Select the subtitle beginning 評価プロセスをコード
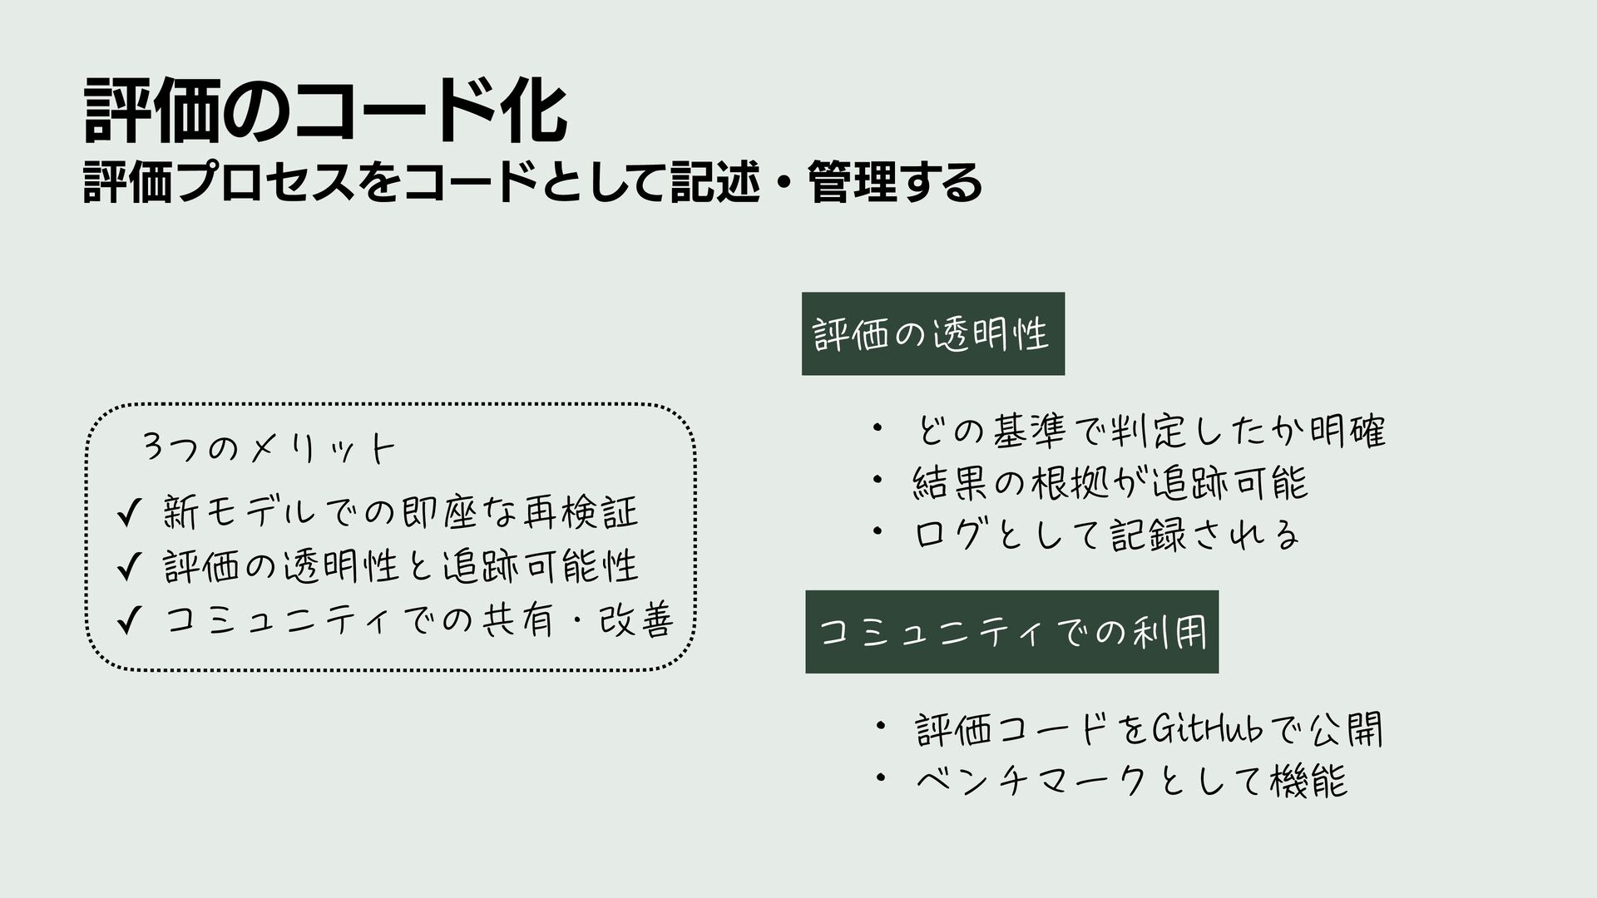(x=532, y=182)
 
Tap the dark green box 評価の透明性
(x=932, y=333)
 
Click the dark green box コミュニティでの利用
(x=1011, y=632)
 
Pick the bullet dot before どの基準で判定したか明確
(x=877, y=428)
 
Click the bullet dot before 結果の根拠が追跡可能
(x=877, y=479)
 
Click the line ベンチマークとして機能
(x=1131, y=781)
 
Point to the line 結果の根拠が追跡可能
(x=1110, y=482)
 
